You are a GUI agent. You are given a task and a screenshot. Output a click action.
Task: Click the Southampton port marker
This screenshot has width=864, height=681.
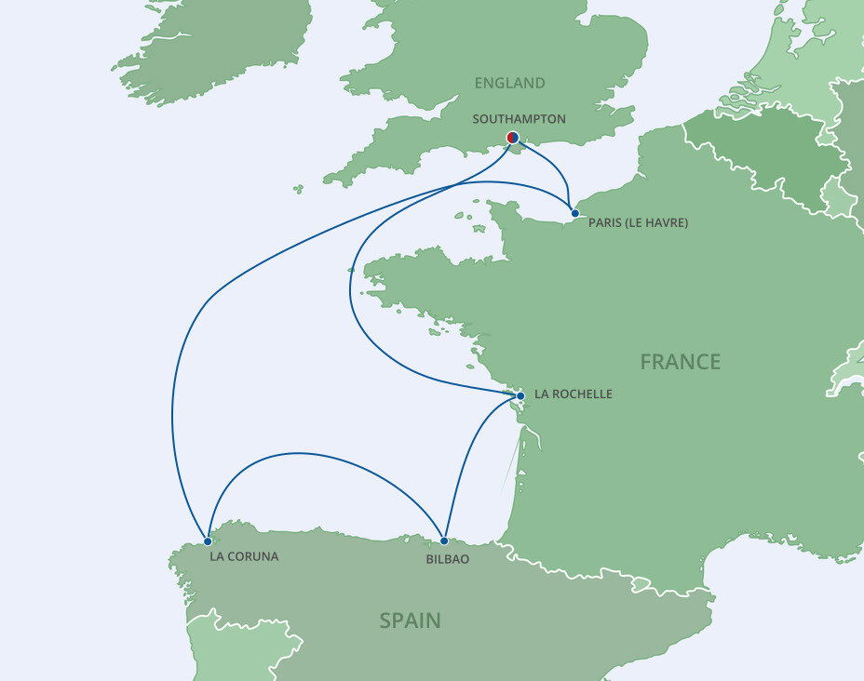512,139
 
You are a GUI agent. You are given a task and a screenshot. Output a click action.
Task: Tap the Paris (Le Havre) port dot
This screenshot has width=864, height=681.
575,214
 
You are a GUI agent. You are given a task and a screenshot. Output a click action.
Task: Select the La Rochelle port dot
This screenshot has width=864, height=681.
520,396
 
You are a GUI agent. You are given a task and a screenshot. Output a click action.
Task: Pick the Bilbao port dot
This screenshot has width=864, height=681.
444,541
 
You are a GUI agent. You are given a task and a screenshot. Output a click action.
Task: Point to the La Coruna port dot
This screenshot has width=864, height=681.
208,541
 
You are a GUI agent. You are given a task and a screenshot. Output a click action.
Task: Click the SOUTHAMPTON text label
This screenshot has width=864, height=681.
519,119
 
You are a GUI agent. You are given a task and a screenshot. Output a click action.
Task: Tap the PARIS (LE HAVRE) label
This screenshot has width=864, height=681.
639,223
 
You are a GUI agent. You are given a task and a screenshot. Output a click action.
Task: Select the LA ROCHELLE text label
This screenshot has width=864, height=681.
574,394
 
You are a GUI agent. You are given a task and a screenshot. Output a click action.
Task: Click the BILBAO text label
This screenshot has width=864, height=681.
447,560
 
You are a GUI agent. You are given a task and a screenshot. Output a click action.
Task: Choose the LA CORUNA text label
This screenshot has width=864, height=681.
244,557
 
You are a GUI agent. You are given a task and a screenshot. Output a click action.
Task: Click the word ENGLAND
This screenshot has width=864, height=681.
509,84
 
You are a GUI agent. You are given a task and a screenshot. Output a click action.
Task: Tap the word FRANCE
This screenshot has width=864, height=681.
680,362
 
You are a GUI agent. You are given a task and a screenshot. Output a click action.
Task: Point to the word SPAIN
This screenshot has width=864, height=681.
410,621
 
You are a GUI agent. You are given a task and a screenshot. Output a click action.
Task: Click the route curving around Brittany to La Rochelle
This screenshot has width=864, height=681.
351,279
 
